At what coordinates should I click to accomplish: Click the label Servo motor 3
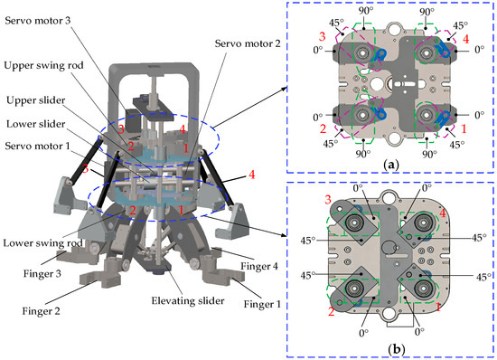pos(38,21)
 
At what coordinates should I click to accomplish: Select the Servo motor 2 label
pos(248,43)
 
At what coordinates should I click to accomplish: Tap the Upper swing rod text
pos(43,66)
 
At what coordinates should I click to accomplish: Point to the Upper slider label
pos(36,100)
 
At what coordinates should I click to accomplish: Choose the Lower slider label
pos(36,124)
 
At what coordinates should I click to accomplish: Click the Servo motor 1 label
pos(37,147)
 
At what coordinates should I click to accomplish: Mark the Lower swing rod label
pos(42,243)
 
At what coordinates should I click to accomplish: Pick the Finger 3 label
pos(42,273)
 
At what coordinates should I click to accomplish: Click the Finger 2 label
pos(41,311)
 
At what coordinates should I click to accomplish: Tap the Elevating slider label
pos(188,300)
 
